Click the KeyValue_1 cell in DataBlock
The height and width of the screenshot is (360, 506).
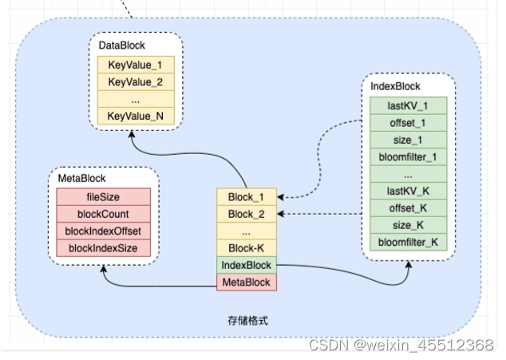click(x=135, y=64)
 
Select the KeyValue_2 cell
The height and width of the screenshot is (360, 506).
click(x=135, y=81)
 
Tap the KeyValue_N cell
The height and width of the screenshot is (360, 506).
click(x=135, y=117)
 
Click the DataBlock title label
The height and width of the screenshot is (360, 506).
click(x=121, y=46)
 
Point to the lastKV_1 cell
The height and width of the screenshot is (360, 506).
click(x=407, y=105)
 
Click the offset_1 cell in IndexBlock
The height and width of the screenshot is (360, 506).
click(x=407, y=121)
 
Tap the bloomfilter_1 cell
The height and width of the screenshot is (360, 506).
click(x=407, y=156)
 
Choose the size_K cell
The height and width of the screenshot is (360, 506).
click(x=407, y=225)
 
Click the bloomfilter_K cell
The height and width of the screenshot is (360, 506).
click(x=407, y=242)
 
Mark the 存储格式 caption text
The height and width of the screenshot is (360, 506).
click(x=248, y=320)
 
